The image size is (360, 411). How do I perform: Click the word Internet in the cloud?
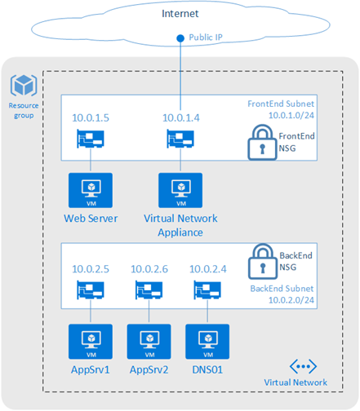click(179, 15)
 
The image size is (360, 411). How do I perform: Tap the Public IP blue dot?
click(180, 38)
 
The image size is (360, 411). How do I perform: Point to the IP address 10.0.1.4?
click(180, 119)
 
